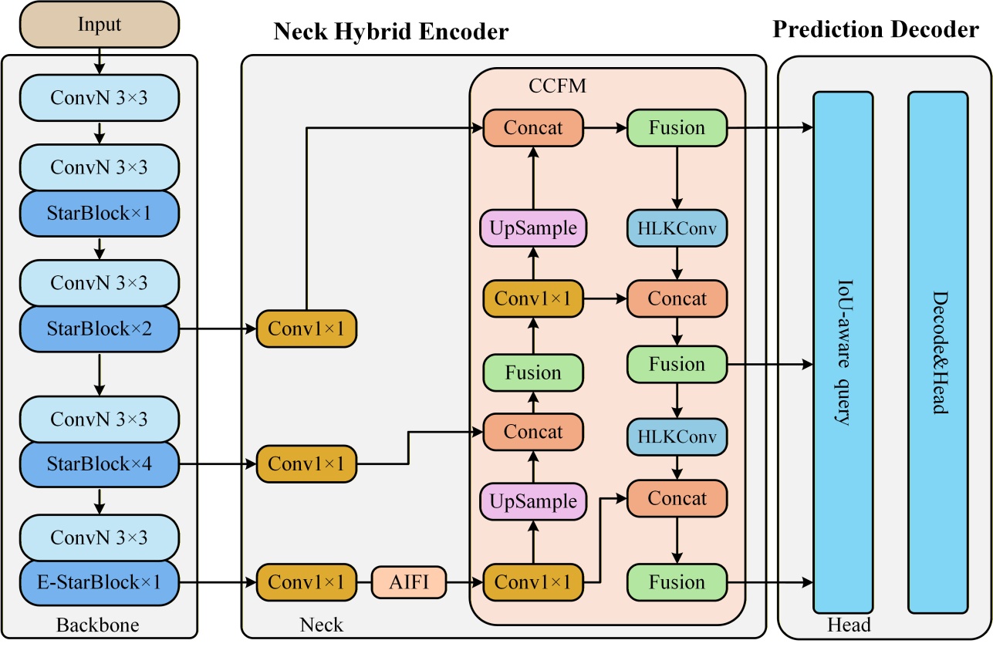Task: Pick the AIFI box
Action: click(410, 581)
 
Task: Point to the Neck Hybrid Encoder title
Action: click(391, 32)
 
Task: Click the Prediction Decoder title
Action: click(876, 30)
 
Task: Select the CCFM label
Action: click(557, 86)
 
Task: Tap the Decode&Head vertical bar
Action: click(937, 352)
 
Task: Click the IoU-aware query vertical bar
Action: click(843, 352)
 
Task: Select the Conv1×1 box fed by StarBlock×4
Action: click(306, 464)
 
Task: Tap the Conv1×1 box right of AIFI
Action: click(533, 581)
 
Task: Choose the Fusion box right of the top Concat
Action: click(677, 128)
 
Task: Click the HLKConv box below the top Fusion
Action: click(677, 229)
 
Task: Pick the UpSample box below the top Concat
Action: click(533, 229)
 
